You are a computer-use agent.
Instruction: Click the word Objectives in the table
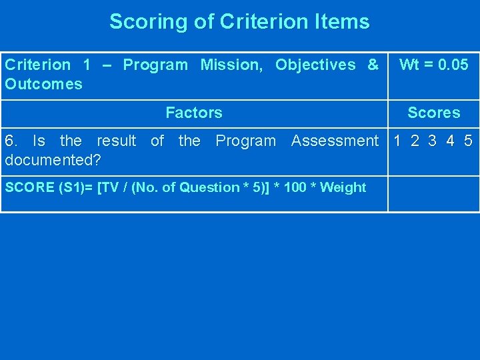[315, 65]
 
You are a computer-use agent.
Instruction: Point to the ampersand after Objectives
[373, 65]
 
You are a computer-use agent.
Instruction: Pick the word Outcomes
[43, 84]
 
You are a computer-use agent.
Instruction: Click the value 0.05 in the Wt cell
[453, 65]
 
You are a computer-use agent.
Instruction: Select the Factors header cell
[194, 113]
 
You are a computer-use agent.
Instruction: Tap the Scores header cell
[433, 113]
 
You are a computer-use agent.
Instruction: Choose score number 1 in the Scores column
[398, 141]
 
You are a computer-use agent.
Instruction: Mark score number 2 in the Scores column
[415, 141]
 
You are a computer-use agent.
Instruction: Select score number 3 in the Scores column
[433, 141]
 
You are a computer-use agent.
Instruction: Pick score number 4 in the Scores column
[451, 141]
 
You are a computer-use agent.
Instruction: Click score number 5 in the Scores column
[468, 141]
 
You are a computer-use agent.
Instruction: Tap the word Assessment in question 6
[335, 141]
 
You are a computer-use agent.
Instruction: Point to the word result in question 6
[116, 141]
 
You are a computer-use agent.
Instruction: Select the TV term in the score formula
[111, 187]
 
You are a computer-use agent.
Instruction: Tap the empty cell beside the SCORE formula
[433, 193]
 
